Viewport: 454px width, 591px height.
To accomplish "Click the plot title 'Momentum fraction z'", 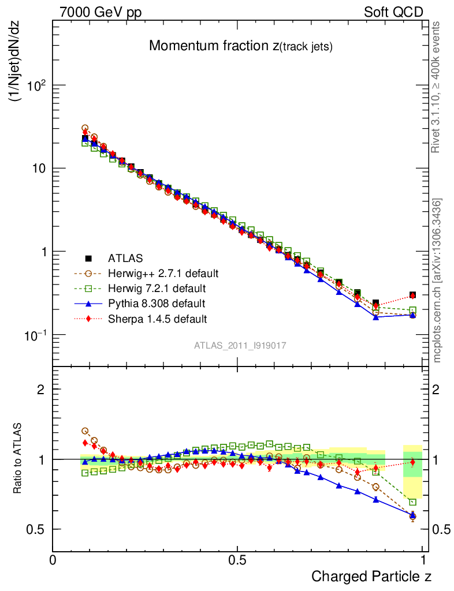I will [x=240, y=47].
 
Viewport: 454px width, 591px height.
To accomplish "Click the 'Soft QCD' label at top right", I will [x=393, y=12].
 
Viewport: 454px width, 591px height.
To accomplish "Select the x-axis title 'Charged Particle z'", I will [x=371, y=576].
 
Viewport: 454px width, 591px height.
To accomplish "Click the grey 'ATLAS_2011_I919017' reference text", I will [x=240, y=345].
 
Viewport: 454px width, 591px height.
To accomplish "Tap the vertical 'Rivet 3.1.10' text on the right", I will [x=437, y=87].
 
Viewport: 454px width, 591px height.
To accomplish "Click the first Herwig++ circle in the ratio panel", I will [x=85, y=431].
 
